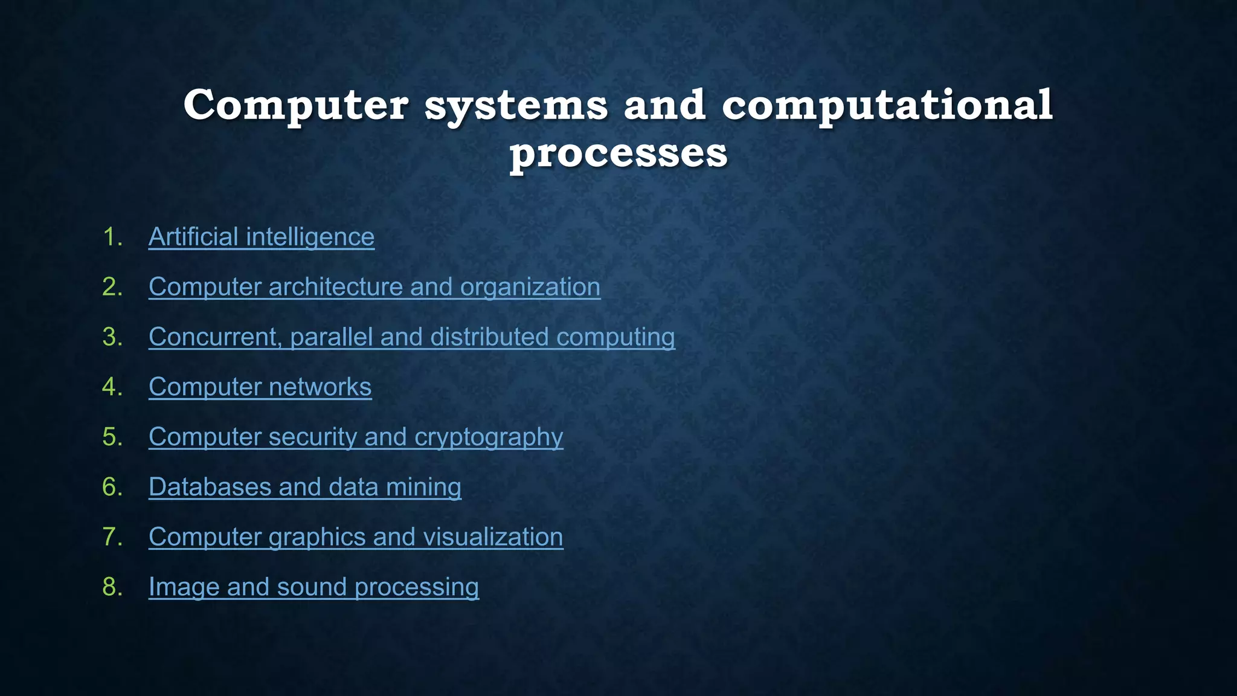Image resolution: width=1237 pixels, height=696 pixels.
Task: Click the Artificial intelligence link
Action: point(261,237)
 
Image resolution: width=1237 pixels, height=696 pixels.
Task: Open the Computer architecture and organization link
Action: point(374,287)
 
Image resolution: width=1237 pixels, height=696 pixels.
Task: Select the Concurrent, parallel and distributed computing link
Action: point(411,337)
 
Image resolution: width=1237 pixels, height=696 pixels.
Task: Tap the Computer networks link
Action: point(260,387)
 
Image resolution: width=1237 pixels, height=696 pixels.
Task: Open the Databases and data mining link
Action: point(304,487)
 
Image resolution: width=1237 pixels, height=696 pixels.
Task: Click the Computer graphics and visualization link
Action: point(356,537)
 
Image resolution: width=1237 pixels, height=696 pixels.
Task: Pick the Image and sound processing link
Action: point(313,587)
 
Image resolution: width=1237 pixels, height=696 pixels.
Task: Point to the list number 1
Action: point(112,237)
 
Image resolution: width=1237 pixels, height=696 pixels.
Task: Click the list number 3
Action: point(112,337)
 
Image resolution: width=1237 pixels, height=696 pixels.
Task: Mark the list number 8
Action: point(112,587)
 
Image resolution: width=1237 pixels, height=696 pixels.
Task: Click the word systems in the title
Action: point(516,106)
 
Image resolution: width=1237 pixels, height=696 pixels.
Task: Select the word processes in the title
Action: point(618,153)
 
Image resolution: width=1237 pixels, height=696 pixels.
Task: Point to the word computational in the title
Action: point(887,106)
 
